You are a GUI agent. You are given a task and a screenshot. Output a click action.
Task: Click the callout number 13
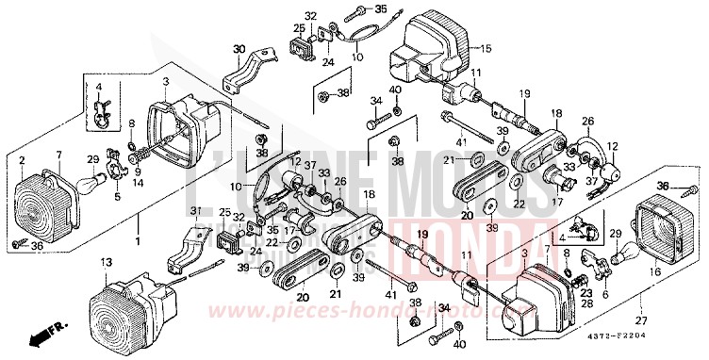tap(106, 260)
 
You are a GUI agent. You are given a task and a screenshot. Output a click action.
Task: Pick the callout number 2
tap(22, 161)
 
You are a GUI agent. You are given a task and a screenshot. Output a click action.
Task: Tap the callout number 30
tap(239, 49)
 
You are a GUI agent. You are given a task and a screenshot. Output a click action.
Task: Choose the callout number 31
tap(195, 210)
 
